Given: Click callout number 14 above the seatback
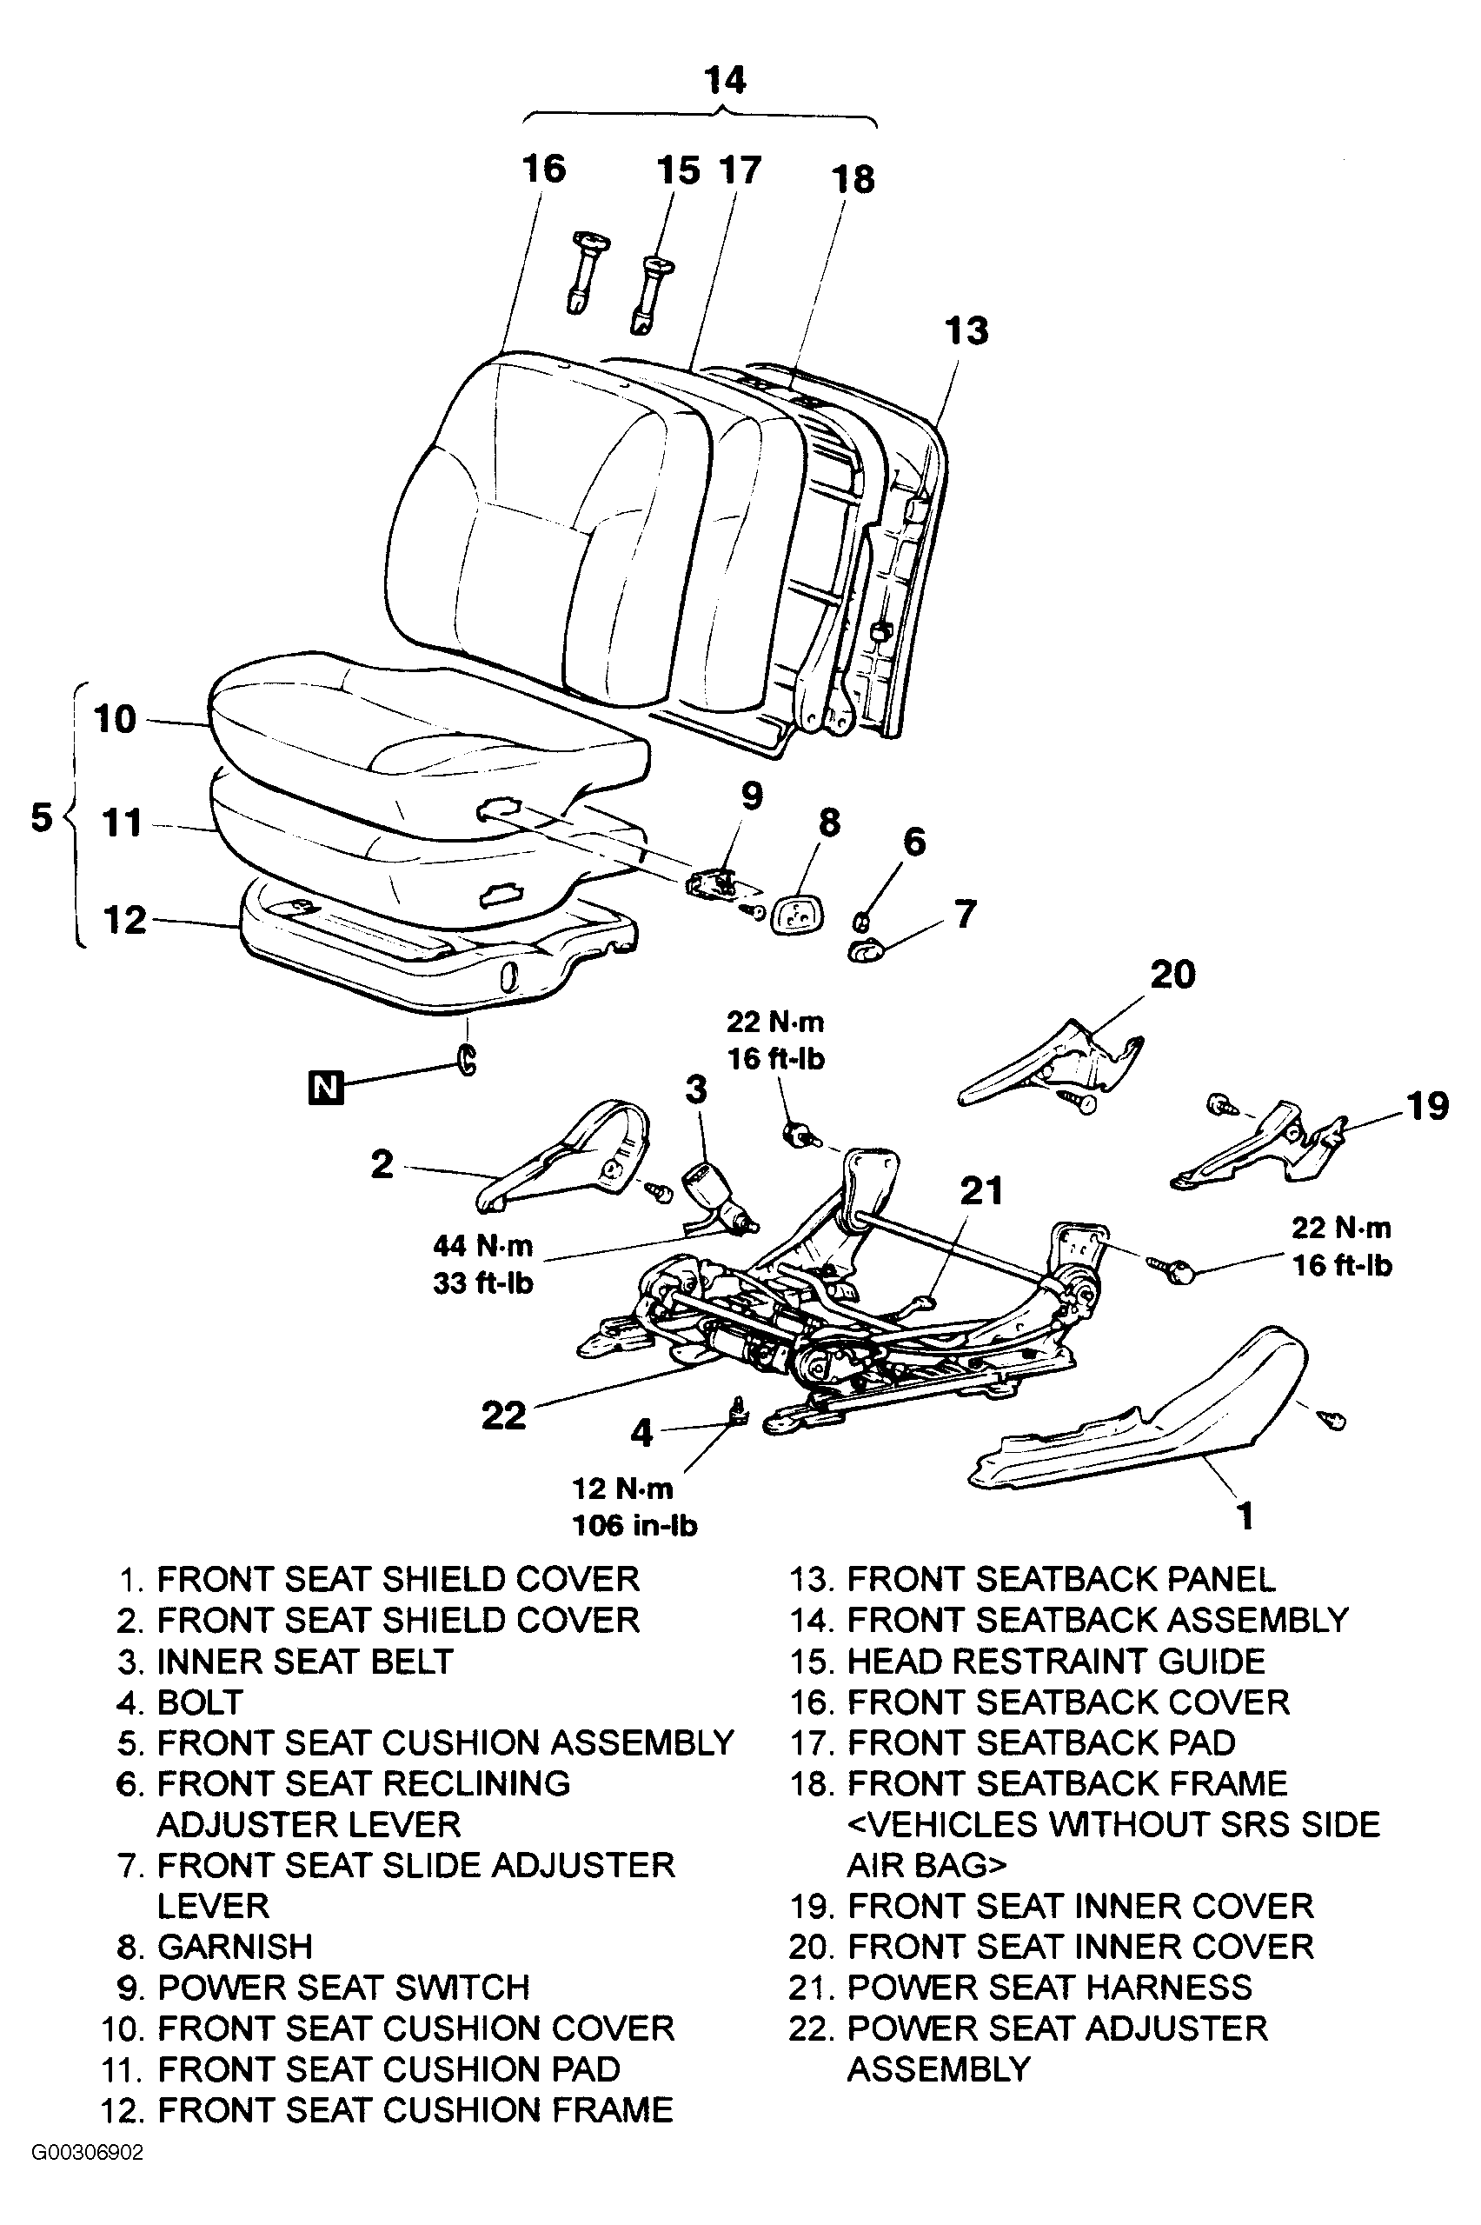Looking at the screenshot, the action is [725, 80].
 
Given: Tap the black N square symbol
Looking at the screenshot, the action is [326, 1089].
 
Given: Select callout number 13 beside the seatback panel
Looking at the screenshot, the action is [966, 330].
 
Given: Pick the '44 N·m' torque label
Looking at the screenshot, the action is [482, 1246].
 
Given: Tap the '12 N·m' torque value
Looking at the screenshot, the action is [622, 1488].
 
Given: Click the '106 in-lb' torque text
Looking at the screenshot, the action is [634, 1526].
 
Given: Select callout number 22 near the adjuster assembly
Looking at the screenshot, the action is [503, 1416].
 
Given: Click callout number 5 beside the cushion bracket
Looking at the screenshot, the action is [42, 816].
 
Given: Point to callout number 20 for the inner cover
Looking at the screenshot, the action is [1172, 974].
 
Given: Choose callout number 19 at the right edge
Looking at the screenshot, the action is [1426, 1104].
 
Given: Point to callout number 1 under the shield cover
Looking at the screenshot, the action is [1245, 1516].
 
